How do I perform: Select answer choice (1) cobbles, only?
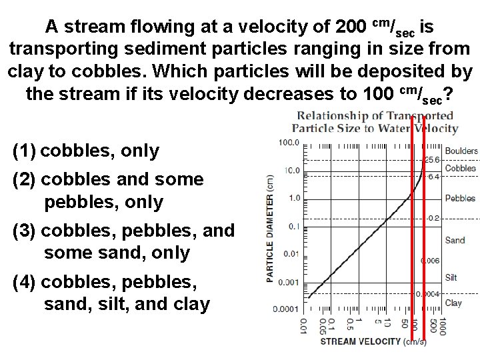(86, 151)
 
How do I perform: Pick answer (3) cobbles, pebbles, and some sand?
(123, 241)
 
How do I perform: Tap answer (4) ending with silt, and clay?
(111, 293)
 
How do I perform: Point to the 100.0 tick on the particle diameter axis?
(289, 143)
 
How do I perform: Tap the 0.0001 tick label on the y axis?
(286, 309)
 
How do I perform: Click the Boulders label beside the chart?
(461, 151)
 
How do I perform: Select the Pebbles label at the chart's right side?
(460, 198)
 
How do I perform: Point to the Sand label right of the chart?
(455, 240)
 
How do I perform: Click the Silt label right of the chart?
(452, 277)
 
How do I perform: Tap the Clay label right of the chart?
(453, 303)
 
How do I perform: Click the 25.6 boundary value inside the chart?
(431, 159)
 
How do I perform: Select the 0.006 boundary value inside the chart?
(429, 261)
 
